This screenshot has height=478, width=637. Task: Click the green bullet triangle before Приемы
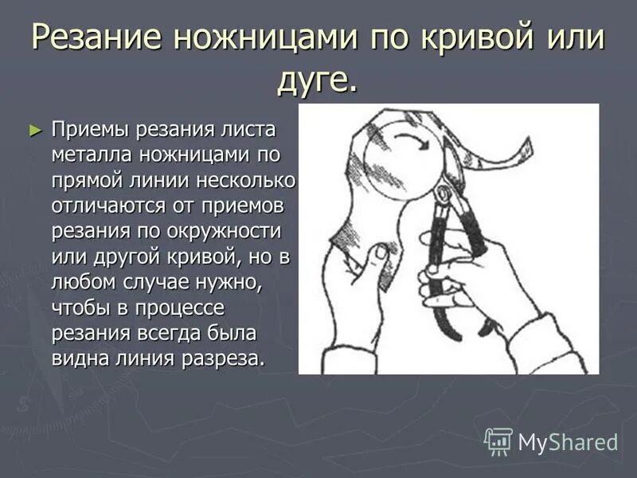click(33, 128)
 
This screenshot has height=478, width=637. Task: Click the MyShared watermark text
click(569, 442)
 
